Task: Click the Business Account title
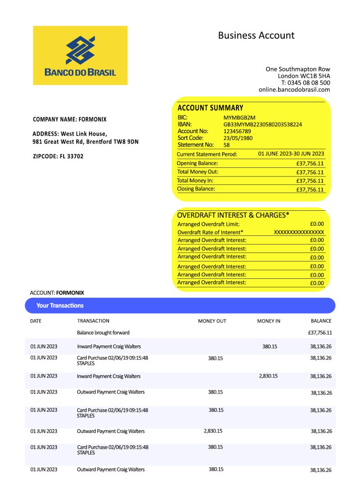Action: (256, 35)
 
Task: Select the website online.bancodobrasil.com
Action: (294, 89)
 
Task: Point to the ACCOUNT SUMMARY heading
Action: (210, 108)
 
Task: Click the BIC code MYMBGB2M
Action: (239, 118)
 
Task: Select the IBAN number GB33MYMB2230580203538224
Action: (263, 124)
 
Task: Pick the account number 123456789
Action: (237, 131)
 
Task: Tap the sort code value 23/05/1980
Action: (238, 138)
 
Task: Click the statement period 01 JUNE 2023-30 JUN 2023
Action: (291, 154)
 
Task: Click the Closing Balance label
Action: (196, 189)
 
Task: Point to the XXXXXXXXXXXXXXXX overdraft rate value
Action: (299, 233)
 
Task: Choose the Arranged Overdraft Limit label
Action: (208, 224)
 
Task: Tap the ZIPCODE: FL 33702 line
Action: (58, 156)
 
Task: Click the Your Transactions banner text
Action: (60, 305)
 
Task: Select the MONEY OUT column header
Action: (212, 321)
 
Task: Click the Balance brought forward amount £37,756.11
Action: (319, 333)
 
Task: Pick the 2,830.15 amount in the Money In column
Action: (268, 376)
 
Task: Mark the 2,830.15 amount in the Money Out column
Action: (213, 431)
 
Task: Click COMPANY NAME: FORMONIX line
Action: (69, 119)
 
